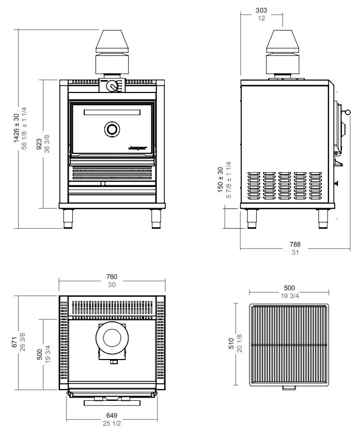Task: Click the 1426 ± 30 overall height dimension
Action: point(16,128)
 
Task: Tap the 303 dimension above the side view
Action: point(261,10)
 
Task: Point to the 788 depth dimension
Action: point(295,244)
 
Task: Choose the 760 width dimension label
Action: point(112,277)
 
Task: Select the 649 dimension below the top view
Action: point(112,415)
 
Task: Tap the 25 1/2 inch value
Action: point(112,423)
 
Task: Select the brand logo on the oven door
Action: point(138,147)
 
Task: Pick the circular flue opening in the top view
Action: point(112,339)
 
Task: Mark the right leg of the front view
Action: point(155,218)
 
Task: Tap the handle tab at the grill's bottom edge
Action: point(287,387)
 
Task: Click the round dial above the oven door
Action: point(112,87)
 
